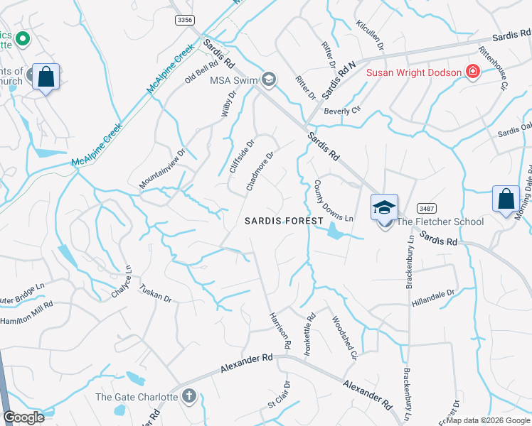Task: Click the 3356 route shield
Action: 184,21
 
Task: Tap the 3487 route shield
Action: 427,208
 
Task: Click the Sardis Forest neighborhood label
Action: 284,221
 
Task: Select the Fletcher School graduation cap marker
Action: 384,208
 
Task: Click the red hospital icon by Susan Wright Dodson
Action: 471,71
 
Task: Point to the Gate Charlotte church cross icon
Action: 188,396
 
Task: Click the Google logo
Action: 23,417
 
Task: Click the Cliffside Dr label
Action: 242,157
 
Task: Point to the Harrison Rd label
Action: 280,329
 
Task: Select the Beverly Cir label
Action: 343,111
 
